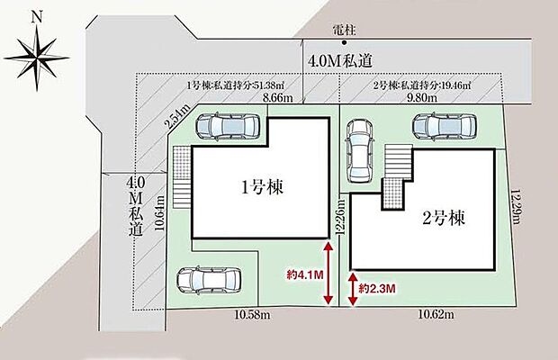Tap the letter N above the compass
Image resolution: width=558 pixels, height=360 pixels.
pyautogui.click(x=36, y=15)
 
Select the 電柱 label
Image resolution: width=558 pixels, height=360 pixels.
pyautogui.click(x=343, y=30)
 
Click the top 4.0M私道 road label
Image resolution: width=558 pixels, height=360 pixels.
pyautogui.click(x=339, y=61)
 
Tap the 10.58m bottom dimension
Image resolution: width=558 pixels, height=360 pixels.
pyautogui.click(x=255, y=315)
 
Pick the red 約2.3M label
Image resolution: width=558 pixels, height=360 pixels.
pyautogui.click(x=375, y=288)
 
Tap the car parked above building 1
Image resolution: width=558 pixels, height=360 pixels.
pyautogui.click(x=229, y=127)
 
